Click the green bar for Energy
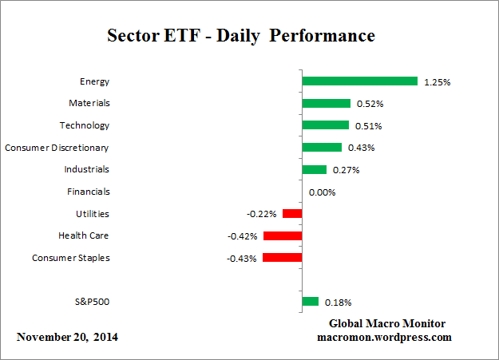[x=359, y=81]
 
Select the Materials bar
[x=326, y=103]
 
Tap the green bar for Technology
[x=325, y=125]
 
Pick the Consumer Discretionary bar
[x=322, y=148]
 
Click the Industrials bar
[x=314, y=169]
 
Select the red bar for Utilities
[x=292, y=214]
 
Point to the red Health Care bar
[x=283, y=235]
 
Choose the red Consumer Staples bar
[x=282, y=258]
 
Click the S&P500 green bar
[x=311, y=302]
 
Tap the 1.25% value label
[x=436, y=81]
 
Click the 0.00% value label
[x=322, y=192]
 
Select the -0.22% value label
[x=261, y=214]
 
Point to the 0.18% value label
[x=338, y=303]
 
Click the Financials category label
[x=89, y=192]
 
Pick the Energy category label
[x=94, y=81]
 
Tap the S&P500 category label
[x=92, y=302]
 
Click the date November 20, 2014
[x=67, y=337]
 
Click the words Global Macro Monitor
[x=387, y=323]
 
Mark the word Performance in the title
[x=325, y=36]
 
